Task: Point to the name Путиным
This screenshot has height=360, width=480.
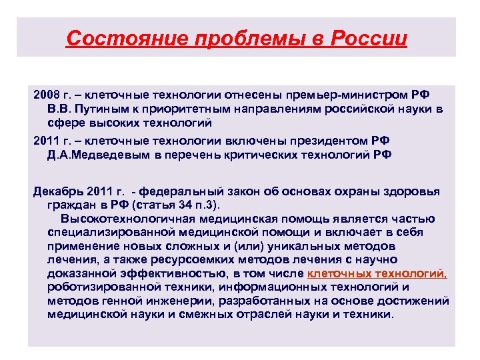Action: [x=99, y=108]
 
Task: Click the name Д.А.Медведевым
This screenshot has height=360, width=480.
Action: [x=102, y=155]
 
